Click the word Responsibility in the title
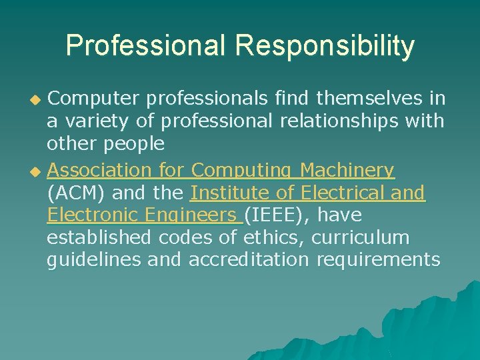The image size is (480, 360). pos(325,46)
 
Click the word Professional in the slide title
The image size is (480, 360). pos(147,46)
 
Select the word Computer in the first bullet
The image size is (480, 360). pos(93,99)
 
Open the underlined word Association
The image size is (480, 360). pos(101,171)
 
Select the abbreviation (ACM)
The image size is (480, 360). pos(75,193)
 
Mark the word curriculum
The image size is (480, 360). pos(361,237)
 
